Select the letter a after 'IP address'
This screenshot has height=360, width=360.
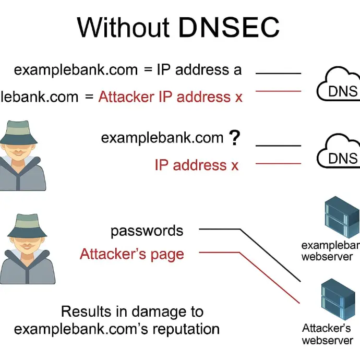click(237, 70)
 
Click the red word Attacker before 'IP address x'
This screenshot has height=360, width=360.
click(126, 97)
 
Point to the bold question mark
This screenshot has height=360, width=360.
click(235, 138)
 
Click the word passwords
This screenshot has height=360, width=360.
click(147, 231)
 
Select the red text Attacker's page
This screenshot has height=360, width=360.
click(131, 254)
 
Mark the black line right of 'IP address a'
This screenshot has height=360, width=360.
click(278, 73)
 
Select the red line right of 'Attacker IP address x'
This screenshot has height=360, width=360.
click(278, 91)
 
